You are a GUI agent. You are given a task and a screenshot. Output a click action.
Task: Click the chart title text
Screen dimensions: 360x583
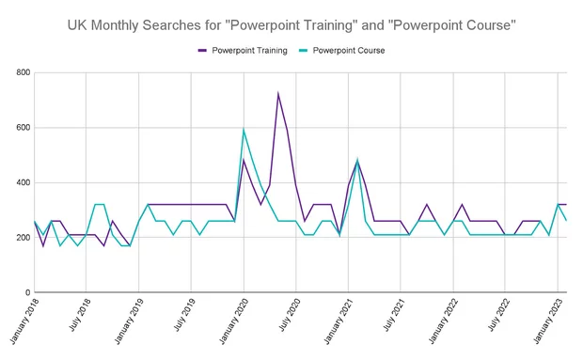291,24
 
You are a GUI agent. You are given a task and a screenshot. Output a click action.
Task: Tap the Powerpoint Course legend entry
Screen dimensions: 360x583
348,50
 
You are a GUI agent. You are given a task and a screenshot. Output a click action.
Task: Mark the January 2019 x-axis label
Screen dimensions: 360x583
128,324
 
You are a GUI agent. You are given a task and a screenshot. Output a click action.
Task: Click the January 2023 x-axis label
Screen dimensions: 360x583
548,324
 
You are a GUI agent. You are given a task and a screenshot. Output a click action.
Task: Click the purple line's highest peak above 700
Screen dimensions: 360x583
278,93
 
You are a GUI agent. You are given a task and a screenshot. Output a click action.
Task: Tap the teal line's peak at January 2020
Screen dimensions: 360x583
244,130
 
